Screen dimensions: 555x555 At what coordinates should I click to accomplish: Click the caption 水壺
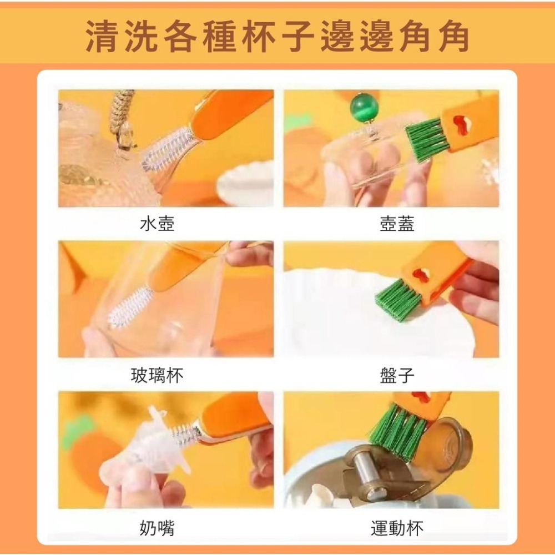click(x=157, y=224)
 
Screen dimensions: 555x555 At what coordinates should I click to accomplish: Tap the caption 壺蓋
click(x=397, y=224)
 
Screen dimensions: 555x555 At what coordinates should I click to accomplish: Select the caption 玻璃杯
click(x=157, y=376)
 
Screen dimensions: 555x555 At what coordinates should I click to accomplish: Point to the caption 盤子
click(x=397, y=376)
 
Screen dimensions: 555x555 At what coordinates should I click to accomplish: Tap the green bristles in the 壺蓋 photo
click(x=426, y=139)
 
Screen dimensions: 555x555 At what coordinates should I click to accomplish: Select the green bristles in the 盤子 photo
click(x=397, y=300)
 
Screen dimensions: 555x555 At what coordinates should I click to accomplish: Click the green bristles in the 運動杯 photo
click(x=398, y=431)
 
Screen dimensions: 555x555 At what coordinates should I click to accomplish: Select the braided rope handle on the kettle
click(x=122, y=117)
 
